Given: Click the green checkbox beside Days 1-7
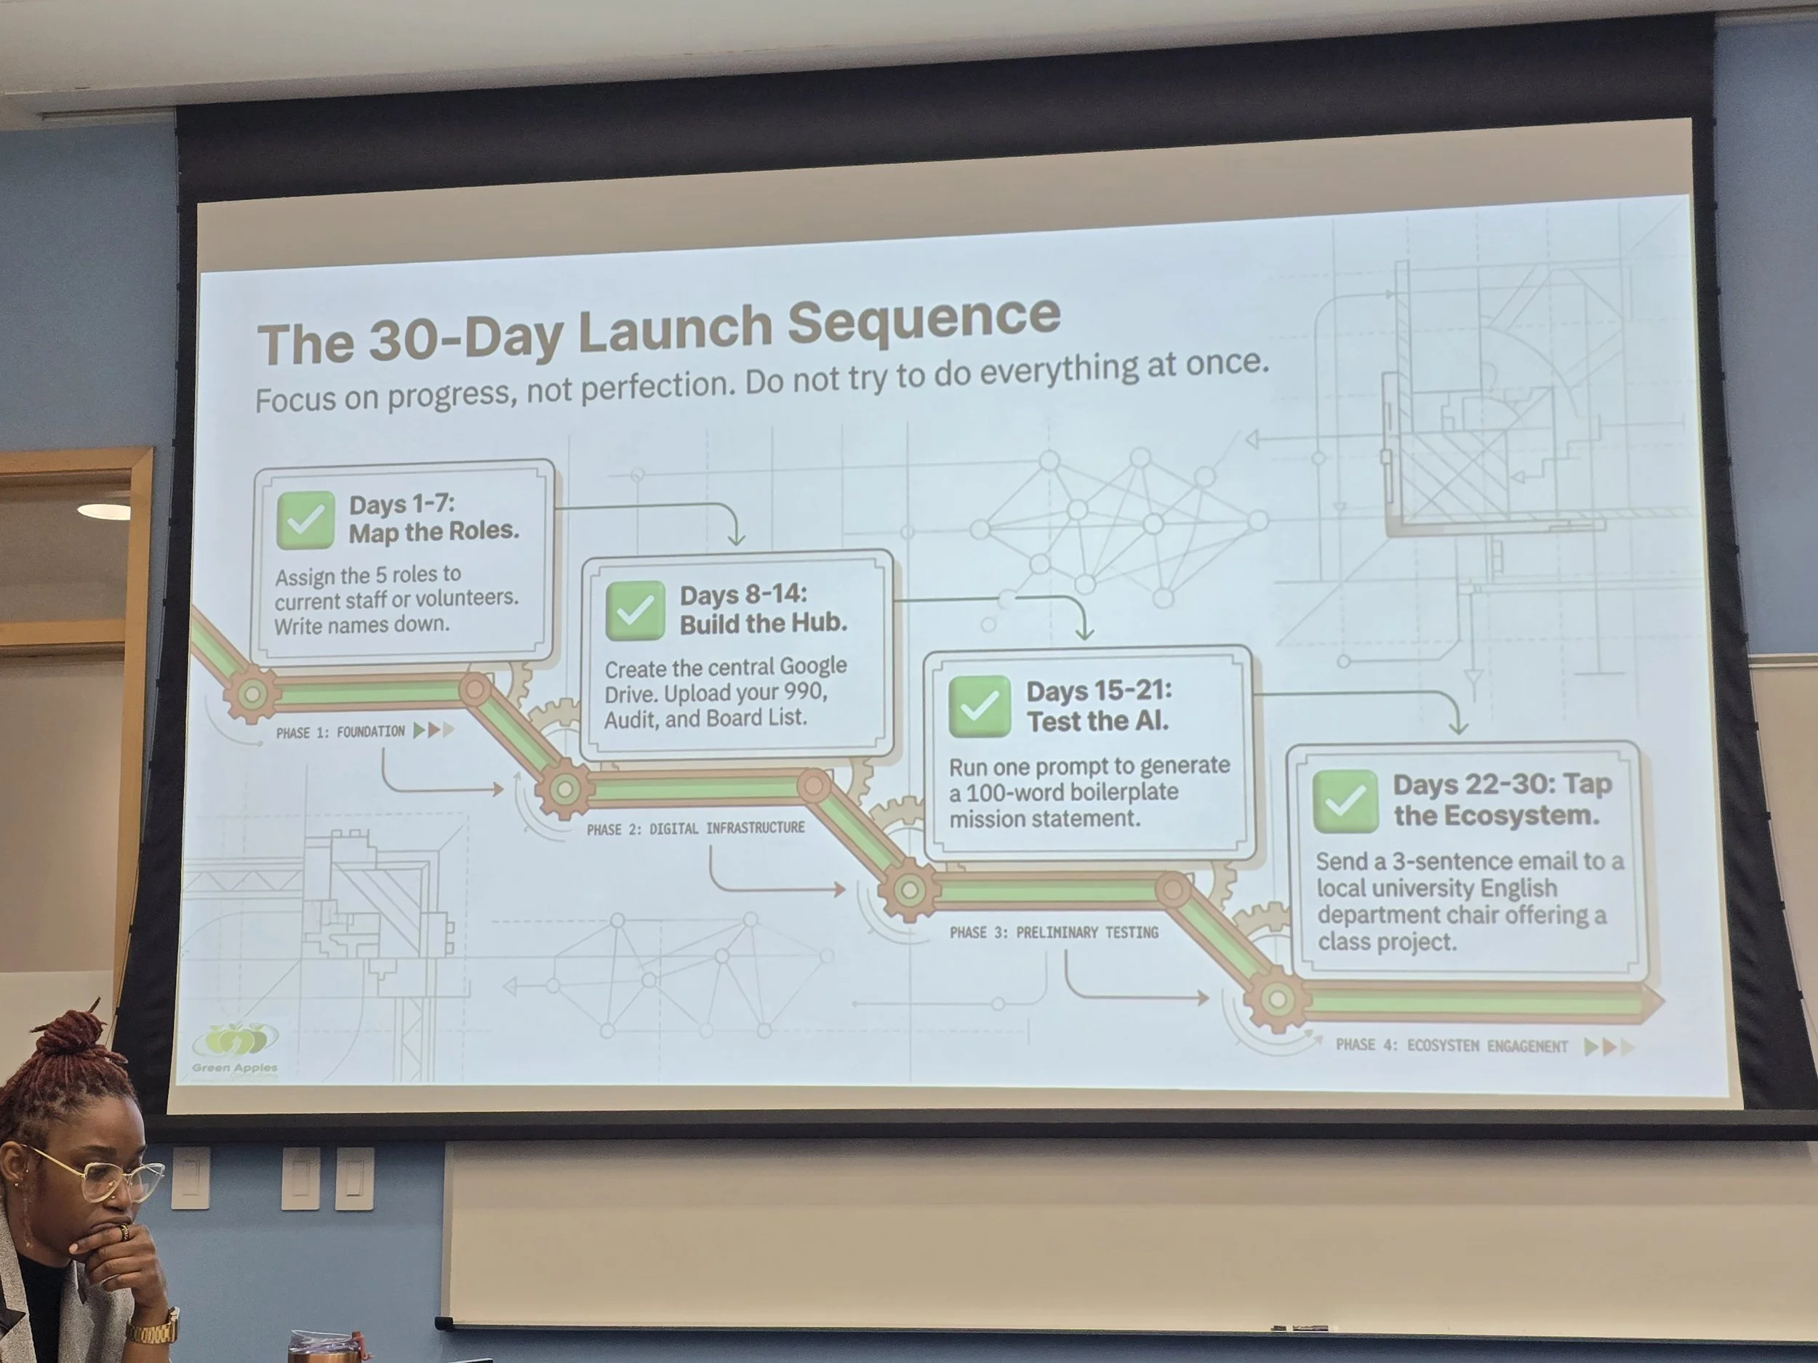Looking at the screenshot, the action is pyautogui.click(x=305, y=520).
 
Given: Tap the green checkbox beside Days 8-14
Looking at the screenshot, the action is pyautogui.click(x=636, y=611).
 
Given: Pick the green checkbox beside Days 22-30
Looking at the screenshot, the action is pyautogui.click(x=1345, y=801).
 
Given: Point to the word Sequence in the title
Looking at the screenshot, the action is pyautogui.click(x=924, y=319).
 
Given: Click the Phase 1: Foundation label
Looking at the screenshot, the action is pyautogui.click(x=340, y=732).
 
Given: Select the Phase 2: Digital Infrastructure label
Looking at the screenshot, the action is pyautogui.click(x=695, y=828).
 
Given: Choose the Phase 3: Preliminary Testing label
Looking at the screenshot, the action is pyautogui.click(x=1054, y=933).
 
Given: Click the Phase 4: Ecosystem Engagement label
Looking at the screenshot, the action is pyautogui.click(x=1451, y=1045).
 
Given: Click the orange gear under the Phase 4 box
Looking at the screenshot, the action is pyautogui.click(x=1276, y=1000).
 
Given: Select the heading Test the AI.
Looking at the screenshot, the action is pyautogui.click(x=1097, y=721).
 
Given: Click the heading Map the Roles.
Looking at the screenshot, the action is pyautogui.click(x=434, y=531).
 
